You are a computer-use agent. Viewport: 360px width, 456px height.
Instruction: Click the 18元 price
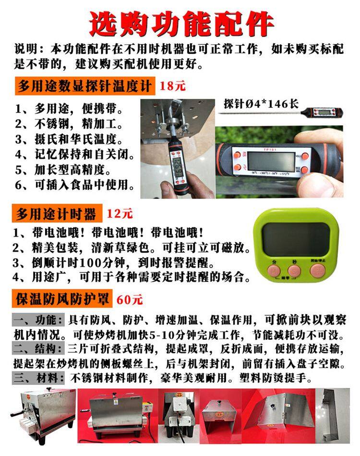173,86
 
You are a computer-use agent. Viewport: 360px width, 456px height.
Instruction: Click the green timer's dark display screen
294,239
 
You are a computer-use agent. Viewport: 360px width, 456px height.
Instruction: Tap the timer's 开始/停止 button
317,271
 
